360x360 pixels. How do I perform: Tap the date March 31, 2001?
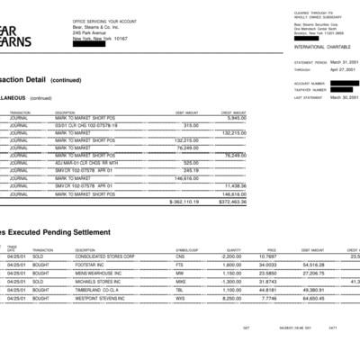345,62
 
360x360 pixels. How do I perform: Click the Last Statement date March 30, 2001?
345,96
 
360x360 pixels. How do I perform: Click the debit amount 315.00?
191,125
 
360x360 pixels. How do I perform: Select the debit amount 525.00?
191,163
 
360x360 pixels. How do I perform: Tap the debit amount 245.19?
191,170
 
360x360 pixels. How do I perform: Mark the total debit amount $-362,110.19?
184,202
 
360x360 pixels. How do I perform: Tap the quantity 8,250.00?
256,297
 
